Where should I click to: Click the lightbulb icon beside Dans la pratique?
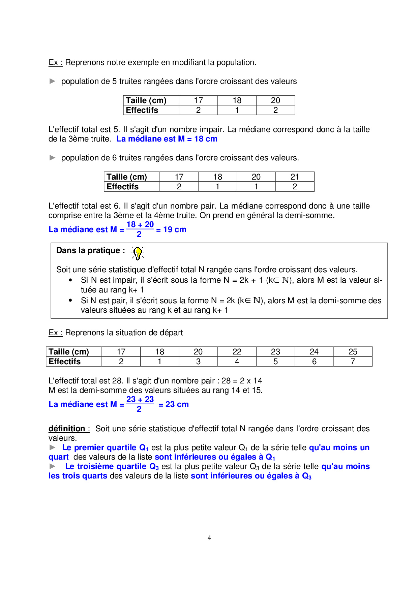pyautogui.click(x=138, y=253)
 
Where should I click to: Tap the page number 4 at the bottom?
pyautogui.click(x=209, y=538)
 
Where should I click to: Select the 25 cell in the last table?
pyautogui.click(x=353, y=352)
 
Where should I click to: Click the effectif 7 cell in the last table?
pyautogui.click(x=353, y=362)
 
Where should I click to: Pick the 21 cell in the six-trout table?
pyautogui.click(x=295, y=177)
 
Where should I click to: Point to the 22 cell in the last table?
pyautogui.click(x=237, y=352)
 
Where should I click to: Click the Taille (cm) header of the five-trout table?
pyautogui.click(x=146, y=100)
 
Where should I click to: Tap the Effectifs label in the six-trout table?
pyautogui.click(x=123, y=187)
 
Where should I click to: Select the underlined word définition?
pyautogui.click(x=67, y=429)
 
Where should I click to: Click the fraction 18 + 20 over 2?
pyautogui.click(x=140, y=229)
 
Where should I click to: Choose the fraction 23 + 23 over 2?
pyautogui.click(x=140, y=404)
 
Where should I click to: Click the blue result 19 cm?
pyautogui.click(x=175, y=229)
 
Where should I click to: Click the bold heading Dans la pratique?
pyautogui.click(x=90, y=250)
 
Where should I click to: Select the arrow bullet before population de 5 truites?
pyautogui.click(x=52, y=81)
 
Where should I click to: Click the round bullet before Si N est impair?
pyautogui.click(x=70, y=280)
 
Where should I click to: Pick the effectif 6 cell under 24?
pyautogui.click(x=314, y=362)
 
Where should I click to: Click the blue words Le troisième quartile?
pyautogui.click(x=106, y=466)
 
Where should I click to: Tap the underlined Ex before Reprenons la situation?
pyautogui.click(x=54, y=333)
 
